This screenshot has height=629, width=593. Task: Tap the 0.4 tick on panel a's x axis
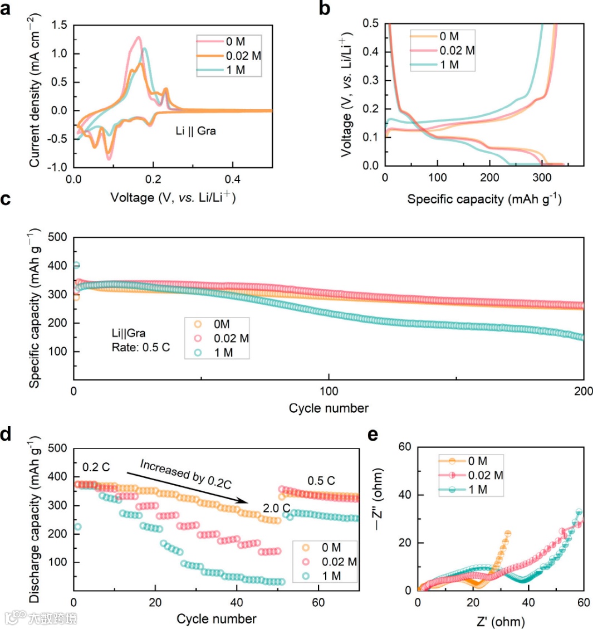[233, 179]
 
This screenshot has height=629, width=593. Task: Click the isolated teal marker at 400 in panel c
[76, 265]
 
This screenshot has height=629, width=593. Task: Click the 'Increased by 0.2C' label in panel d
[185, 474]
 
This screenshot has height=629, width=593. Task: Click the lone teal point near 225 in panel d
[78, 526]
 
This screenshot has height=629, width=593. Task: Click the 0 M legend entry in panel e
[477, 461]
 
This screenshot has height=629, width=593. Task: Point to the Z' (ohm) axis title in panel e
[501, 620]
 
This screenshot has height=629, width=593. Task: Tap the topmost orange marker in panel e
[507, 534]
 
